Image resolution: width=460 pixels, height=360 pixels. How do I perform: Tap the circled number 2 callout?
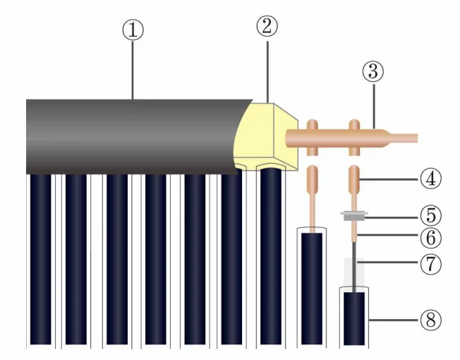coord(267,26)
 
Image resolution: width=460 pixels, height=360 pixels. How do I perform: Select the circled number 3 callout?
coord(374,71)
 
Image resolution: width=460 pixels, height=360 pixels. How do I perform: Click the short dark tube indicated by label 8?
coord(352,319)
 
